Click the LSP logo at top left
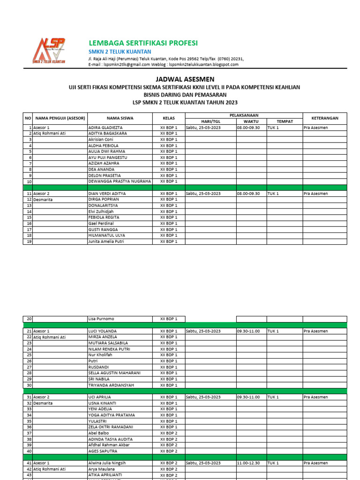tap(48, 51)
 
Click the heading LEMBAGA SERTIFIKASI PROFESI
tap(143, 43)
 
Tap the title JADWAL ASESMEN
tap(180, 80)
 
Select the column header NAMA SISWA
tap(120, 118)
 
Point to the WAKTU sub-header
tap(251, 121)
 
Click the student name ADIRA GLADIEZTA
tap(106, 127)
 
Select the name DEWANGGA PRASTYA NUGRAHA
tap(120, 181)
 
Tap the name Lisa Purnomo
tap(101, 319)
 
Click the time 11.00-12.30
tap(248, 463)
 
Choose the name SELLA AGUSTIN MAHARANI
tap(115, 373)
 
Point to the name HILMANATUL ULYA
tap(106, 235)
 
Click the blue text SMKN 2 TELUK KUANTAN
tap(120, 52)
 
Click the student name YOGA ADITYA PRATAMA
tap(112, 415)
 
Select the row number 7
tap(30, 164)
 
